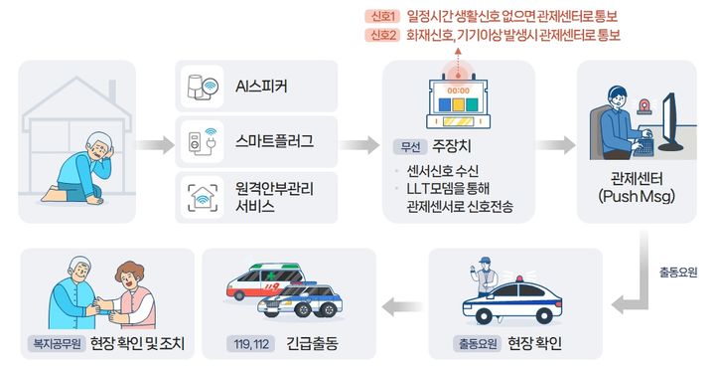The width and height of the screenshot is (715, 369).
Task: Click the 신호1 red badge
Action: tap(383, 16)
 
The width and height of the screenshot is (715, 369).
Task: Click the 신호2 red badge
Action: tap(383, 36)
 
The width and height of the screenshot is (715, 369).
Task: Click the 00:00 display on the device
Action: tap(458, 90)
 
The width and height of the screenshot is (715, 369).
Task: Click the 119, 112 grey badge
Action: tap(249, 344)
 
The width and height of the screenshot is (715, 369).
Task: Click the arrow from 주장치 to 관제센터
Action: tap(556, 143)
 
